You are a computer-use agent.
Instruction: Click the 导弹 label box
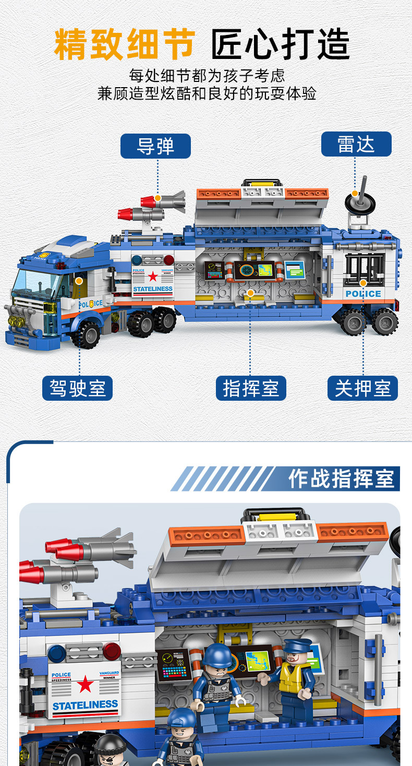point(155,146)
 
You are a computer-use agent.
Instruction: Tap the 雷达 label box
point(356,144)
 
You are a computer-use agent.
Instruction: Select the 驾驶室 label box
point(78,389)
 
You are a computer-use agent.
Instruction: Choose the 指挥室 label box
point(251,389)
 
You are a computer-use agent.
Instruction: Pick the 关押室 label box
point(362,389)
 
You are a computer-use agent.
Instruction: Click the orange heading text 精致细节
point(125,45)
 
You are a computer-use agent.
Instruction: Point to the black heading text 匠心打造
point(281,45)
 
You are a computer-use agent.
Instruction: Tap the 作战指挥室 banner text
point(342,479)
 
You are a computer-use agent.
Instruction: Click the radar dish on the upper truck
point(360,202)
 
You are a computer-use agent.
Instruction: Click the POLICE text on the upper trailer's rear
point(363,294)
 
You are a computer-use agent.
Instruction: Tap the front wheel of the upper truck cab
point(86,334)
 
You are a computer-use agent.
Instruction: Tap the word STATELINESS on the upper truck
point(152,289)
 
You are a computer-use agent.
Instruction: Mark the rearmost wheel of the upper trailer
point(384,321)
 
